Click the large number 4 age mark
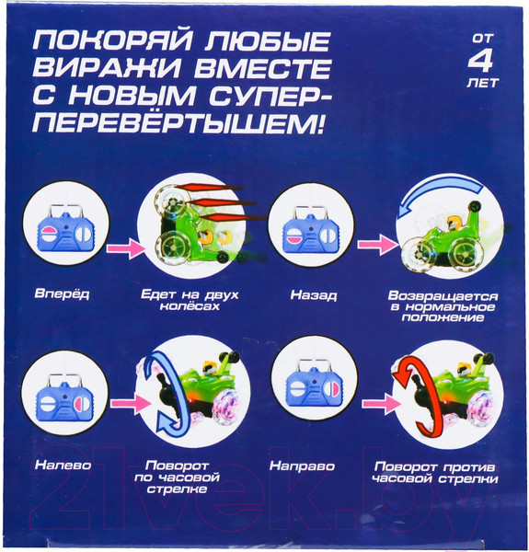(x=481, y=63)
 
